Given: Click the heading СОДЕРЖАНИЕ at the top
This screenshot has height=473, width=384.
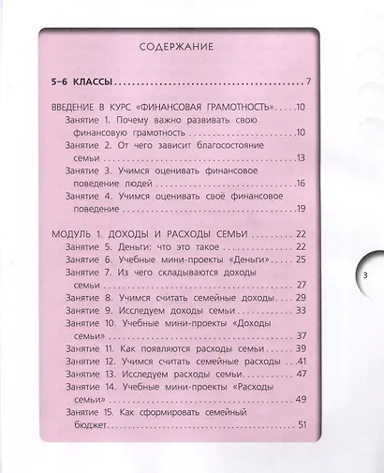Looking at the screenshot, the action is coord(176,45).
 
